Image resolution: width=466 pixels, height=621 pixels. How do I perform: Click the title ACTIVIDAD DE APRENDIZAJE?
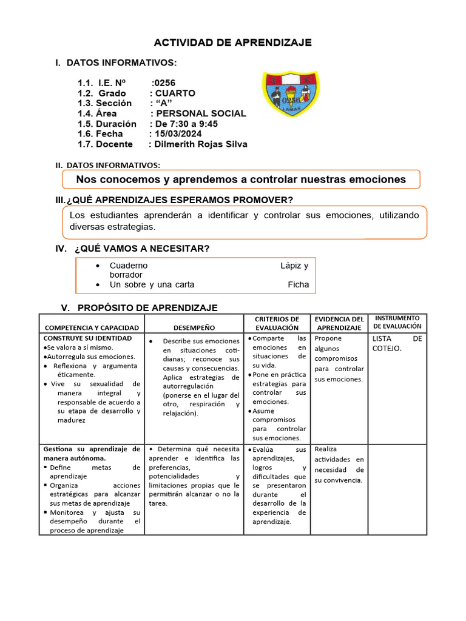tap(232, 42)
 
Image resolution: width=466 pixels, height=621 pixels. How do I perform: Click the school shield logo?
tap(291, 94)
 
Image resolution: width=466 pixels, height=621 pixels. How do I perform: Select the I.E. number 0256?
tap(164, 83)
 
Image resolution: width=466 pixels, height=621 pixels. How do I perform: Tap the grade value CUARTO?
tap(175, 93)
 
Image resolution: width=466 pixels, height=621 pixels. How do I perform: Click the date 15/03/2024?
tap(178, 133)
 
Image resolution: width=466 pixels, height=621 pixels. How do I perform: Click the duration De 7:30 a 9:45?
tap(186, 124)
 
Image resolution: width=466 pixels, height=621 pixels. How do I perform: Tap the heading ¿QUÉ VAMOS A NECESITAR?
tap(142, 249)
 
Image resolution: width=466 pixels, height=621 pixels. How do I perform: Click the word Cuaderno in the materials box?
tap(128, 266)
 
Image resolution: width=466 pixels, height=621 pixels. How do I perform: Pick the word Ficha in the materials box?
tap(298, 284)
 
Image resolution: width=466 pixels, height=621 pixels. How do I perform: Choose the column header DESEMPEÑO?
tap(194, 327)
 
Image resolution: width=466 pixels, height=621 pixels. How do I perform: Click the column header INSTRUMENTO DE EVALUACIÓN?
tap(397, 322)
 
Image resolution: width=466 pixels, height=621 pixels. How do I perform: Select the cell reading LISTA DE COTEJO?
tap(397, 343)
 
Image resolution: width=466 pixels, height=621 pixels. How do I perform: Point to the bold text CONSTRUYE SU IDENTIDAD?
tap(87, 338)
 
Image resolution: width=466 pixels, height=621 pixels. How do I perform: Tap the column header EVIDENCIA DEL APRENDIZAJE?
tap(339, 323)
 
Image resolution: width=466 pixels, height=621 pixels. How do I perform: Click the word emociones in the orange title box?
tap(377, 180)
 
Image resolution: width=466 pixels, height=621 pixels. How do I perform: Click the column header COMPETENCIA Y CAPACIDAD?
tap(92, 327)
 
